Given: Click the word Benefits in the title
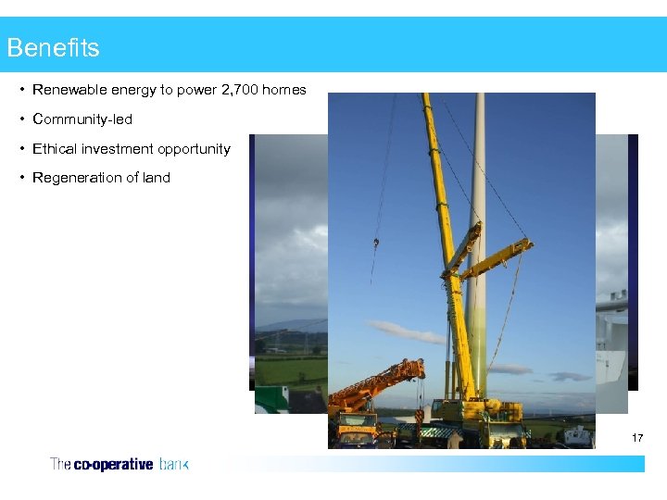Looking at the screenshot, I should coord(53,47).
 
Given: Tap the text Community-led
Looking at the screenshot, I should coord(82,119).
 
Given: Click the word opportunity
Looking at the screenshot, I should coord(194,148).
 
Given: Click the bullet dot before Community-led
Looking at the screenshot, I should coord(21,119).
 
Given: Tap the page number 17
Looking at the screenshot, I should coord(636,437).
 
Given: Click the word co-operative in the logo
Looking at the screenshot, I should coord(113,465).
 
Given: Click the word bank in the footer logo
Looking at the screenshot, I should coord(173,465).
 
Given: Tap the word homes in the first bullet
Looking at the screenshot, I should coord(284,90).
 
